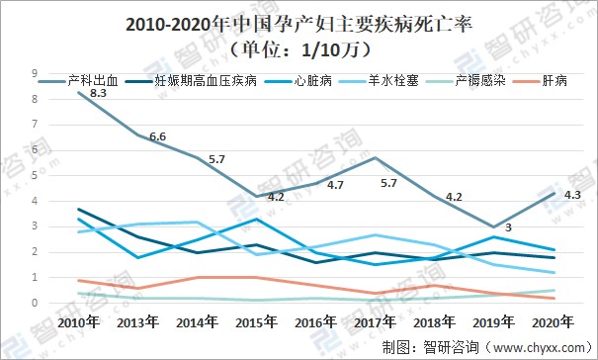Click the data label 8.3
tap(98, 92)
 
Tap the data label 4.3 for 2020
tap(570, 195)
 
